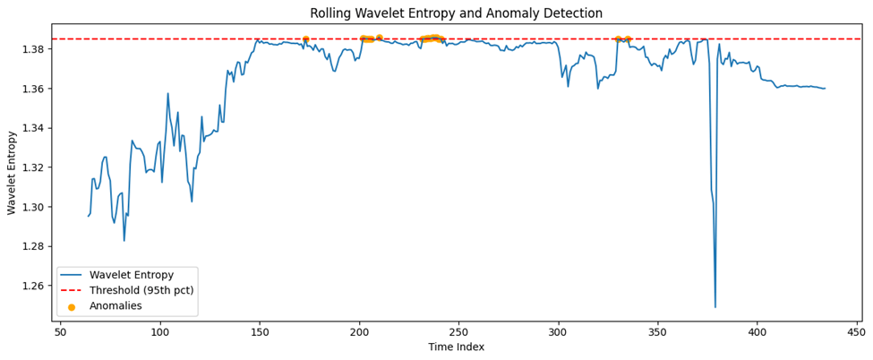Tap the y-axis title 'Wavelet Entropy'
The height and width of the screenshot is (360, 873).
pos(13,171)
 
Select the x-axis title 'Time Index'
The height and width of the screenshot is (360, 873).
pos(456,347)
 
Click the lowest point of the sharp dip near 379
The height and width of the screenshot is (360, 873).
pos(715,307)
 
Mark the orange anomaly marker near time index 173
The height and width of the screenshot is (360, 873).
pos(305,39)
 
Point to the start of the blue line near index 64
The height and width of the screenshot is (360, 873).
pos(89,216)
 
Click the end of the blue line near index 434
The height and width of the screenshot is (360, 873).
pos(825,89)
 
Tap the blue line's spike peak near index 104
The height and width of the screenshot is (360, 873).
pos(167,93)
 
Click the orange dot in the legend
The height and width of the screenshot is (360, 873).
pos(72,306)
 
